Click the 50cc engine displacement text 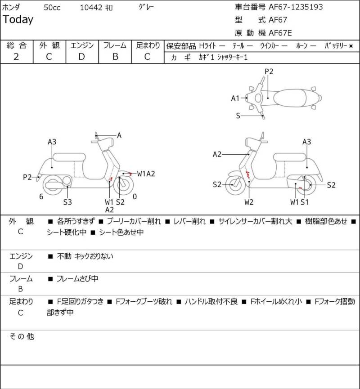point(53,7)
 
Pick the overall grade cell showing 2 point(16,57)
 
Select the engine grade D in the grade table point(81,57)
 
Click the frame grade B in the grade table point(115,57)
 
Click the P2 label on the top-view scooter point(269,71)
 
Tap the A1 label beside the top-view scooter point(235,98)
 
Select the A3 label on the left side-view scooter point(52,142)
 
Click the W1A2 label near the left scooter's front point(146,173)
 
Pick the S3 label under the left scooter point(67,202)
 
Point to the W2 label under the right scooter point(249,202)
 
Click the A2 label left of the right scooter point(217,154)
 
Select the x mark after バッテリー point(351,45)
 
